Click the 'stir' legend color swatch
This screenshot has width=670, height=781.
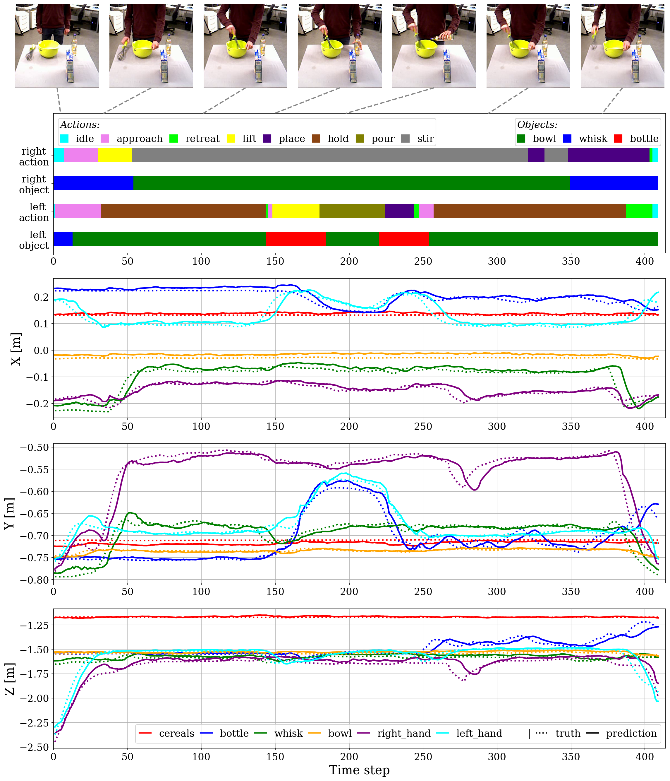(x=406, y=139)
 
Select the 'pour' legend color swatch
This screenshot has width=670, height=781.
(x=360, y=139)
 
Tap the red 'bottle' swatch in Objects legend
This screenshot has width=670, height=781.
(x=618, y=139)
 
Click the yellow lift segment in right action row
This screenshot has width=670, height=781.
(x=115, y=155)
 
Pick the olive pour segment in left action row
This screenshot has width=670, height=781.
(x=352, y=211)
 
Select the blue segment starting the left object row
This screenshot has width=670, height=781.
(x=63, y=239)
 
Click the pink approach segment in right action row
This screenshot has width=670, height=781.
(x=81, y=155)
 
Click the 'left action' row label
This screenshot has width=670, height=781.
(x=34, y=212)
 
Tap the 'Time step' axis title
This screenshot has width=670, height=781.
(x=359, y=770)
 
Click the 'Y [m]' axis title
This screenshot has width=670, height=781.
(x=10, y=513)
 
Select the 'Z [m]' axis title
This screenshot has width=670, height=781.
(x=10, y=679)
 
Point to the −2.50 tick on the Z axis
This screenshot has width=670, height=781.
(x=34, y=747)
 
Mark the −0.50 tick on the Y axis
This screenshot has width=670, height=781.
(x=34, y=447)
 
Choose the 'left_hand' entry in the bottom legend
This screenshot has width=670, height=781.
(x=469, y=734)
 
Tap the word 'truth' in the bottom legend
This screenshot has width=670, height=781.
(x=568, y=734)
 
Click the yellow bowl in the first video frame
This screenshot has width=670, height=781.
(x=49, y=48)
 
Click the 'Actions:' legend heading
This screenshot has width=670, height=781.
(x=80, y=125)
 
